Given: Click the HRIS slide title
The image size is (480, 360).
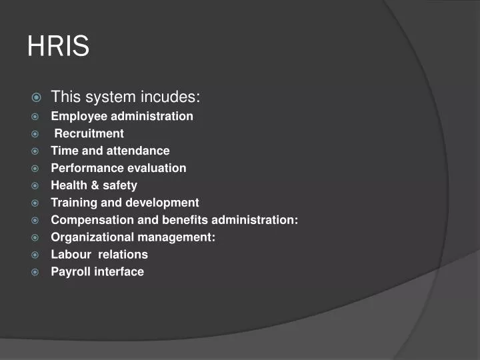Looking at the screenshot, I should tap(58, 47).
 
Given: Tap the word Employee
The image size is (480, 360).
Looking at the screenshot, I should tap(77, 117).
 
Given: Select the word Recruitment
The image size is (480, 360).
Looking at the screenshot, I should tap(89, 133).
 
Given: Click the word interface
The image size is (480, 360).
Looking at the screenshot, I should tap(119, 272).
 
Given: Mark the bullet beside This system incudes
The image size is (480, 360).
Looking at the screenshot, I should tap(36, 98).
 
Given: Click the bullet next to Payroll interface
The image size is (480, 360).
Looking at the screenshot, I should tap(36, 272).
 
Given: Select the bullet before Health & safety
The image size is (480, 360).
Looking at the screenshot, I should tap(36, 185).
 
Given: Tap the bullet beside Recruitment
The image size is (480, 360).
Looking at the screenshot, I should tap(36, 133).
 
